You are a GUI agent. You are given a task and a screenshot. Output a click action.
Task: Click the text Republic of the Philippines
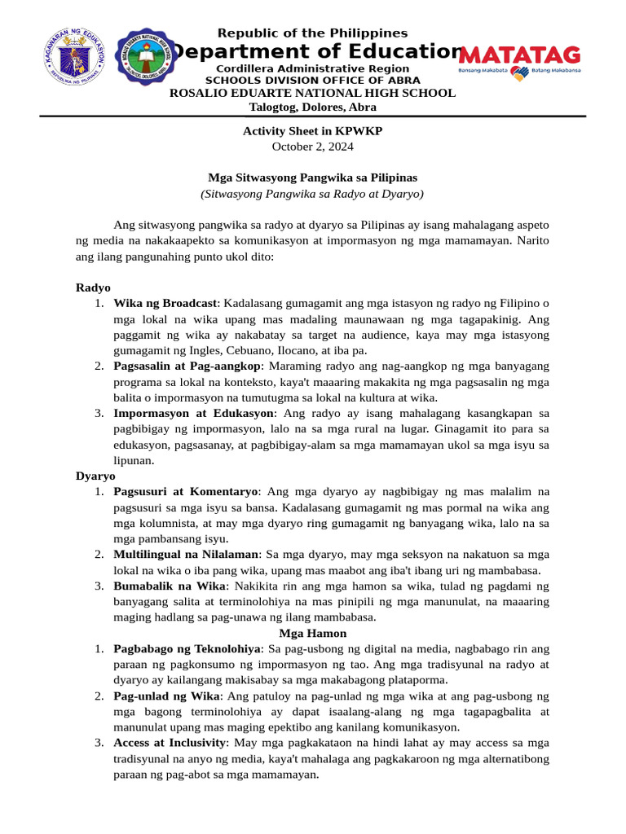point(312,33)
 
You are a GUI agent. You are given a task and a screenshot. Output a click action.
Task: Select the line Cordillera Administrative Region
point(312,69)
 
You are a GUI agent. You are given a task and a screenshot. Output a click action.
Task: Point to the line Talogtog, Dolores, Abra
point(312,108)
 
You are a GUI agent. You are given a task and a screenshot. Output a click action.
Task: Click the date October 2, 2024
point(312,147)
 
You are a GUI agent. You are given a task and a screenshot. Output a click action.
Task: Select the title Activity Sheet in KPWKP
point(312,131)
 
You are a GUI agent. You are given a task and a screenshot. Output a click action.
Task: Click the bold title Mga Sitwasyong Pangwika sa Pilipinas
point(312,178)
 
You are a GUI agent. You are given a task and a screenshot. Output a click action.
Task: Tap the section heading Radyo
point(93,288)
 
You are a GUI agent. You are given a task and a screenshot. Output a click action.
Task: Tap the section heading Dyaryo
point(95,476)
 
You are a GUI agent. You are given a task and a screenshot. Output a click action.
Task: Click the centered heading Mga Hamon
point(312,633)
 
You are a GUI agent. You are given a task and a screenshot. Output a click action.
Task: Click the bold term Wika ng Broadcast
point(165,303)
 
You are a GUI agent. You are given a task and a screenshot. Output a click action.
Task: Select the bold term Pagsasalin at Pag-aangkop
point(187,366)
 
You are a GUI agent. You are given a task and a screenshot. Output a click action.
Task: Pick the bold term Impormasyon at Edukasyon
point(193,413)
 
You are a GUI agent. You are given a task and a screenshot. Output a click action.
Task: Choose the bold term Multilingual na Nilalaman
point(186,555)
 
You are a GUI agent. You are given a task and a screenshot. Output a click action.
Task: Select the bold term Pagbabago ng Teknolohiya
point(187,648)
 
